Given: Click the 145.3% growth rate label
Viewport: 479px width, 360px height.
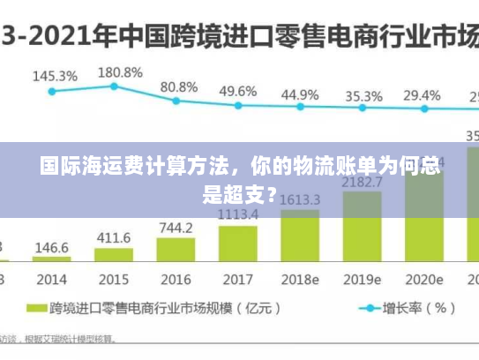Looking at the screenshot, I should pos(55,77).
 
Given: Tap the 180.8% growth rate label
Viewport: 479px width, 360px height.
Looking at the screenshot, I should pos(120,72).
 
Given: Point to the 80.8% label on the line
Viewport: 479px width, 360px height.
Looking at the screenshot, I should pos(179,87).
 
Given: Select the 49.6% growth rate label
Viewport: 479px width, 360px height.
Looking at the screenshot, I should pos(238,92).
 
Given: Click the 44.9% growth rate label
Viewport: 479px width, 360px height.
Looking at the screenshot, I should pos(300,94).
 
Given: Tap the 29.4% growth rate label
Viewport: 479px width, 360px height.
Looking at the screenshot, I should pos(422,95).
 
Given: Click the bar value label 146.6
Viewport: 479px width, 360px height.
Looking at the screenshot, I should pos(52,248).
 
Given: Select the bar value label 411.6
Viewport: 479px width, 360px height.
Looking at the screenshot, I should pos(114,238).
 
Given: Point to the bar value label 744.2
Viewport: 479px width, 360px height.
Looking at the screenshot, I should pos(176,228).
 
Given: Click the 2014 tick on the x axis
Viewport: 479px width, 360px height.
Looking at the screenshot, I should pos(52,280).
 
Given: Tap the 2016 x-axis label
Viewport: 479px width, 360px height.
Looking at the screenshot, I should pos(176,280).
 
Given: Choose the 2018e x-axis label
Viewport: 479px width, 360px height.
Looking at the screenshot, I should pos(300,280).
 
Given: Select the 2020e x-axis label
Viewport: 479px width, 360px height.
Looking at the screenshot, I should pos(423,280).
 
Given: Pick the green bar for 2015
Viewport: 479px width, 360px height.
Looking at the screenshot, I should pos(114,255).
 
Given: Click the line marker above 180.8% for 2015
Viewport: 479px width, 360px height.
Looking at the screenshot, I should pos(114,86).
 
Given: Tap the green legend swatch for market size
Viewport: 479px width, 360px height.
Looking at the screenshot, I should pos(35,309).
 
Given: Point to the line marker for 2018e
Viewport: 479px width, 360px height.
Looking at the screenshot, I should pos(300,107).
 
